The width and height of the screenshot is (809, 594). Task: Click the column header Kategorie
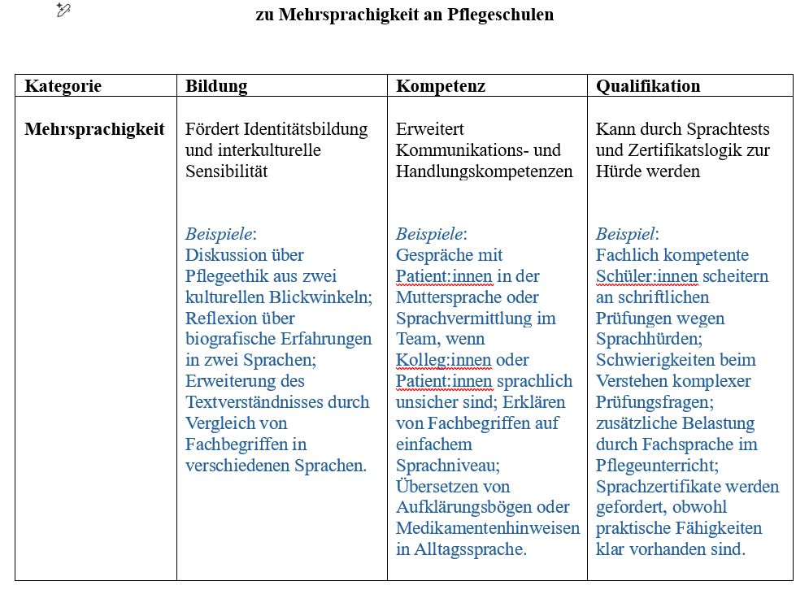63,86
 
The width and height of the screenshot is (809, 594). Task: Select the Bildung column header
216,86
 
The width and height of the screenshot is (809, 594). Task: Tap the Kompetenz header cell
441,86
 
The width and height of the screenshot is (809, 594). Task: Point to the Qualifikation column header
648,86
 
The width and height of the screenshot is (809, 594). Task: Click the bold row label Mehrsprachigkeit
94,129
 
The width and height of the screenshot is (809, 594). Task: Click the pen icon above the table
63,10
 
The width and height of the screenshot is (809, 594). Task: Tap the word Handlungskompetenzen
485,171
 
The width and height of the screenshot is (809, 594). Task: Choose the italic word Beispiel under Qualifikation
625,234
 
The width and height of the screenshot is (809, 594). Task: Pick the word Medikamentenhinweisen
488,528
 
